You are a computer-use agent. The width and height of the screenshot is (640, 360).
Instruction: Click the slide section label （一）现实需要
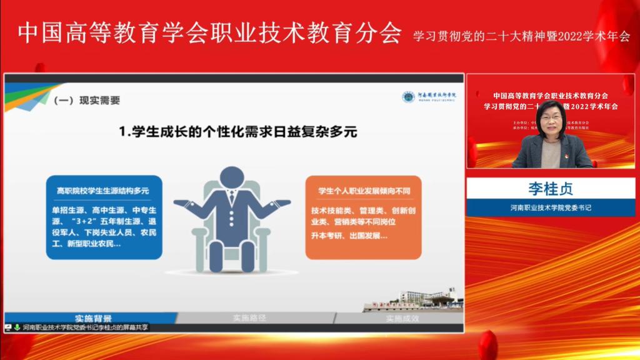pos(87,100)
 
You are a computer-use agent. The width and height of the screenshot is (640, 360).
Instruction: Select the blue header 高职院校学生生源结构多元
pos(102,191)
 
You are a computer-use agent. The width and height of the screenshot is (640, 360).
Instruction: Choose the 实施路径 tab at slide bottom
pos(249,318)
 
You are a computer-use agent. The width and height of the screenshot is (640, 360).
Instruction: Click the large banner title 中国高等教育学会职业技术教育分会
pos(209,33)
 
